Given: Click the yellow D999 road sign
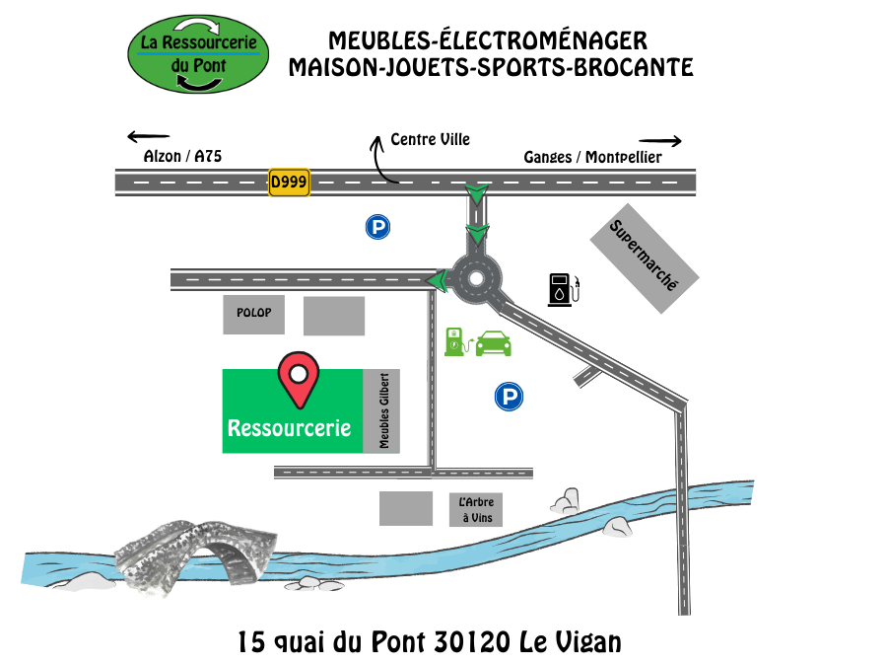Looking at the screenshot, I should coord(289,183).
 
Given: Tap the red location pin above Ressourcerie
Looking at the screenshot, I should coord(298,379).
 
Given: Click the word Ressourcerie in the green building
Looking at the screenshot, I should coord(289,428).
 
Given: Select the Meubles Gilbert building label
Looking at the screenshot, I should coord(381,411).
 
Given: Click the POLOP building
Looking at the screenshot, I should coord(253,314).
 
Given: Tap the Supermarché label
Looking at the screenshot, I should coord(645,258).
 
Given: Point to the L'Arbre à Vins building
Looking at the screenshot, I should coord(475,510).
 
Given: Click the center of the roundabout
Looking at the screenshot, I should coord(476,278).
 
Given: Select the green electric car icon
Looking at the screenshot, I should coord(493,343).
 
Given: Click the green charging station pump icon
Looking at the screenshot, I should coord(454,341).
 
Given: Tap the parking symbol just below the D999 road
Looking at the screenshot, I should coord(377,228).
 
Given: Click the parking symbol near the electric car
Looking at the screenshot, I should coord(509,398).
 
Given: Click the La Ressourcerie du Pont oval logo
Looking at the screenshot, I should coord(198,54).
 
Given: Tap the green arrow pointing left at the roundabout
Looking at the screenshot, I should coord(437,282).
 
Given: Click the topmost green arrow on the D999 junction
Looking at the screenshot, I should coord(477,192).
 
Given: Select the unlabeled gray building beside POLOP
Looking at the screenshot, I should coord(334,316).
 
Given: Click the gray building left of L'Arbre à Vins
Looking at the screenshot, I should coord(406,508).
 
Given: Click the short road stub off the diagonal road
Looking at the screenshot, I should coord(588,376).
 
